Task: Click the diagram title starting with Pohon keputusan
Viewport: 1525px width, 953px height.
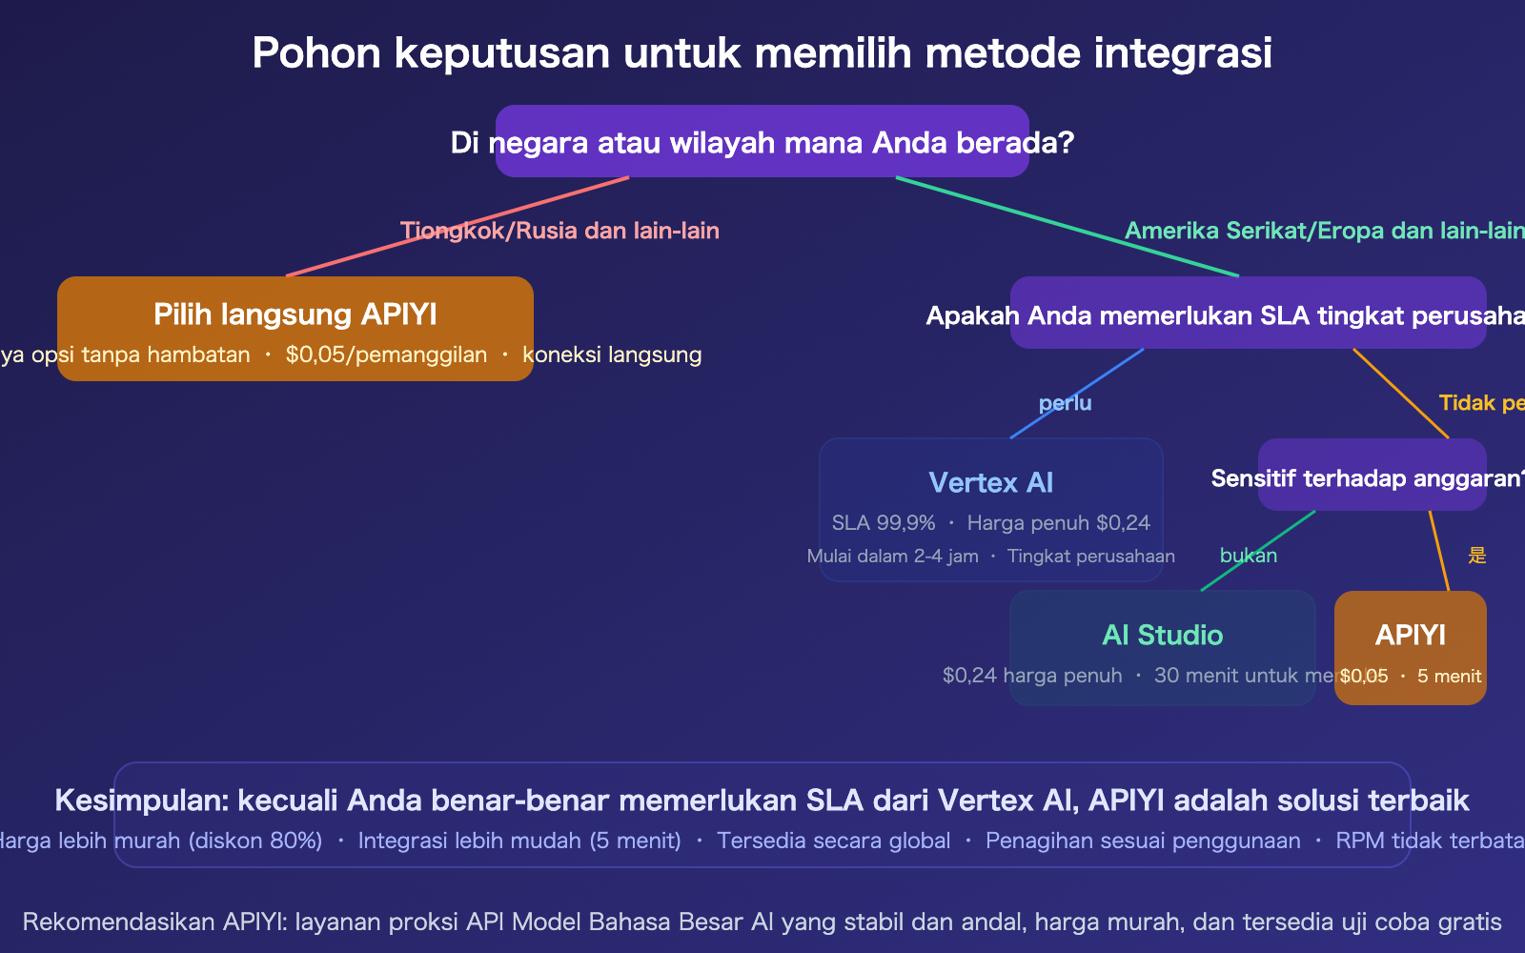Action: click(762, 53)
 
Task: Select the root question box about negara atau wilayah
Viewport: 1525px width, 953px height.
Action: click(762, 142)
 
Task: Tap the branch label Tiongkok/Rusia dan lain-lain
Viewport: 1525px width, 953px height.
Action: click(559, 231)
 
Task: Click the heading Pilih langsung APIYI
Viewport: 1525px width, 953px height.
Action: click(295, 314)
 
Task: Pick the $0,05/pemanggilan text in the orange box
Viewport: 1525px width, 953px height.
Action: click(386, 355)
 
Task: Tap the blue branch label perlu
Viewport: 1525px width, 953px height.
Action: click(1065, 403)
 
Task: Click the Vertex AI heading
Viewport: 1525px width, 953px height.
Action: click(990, 483)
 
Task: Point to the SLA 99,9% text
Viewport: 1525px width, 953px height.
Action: click(883, 523)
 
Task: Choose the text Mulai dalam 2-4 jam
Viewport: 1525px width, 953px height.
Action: click(892, 557)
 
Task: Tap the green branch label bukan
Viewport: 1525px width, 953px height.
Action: click(1248, 556)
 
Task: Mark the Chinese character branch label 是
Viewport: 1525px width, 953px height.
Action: click(1476, 556)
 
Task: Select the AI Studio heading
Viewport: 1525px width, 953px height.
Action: click(1162, 636)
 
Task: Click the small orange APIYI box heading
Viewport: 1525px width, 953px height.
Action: click(1410, 636)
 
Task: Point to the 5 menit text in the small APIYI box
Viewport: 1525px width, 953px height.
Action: click(1449, 677)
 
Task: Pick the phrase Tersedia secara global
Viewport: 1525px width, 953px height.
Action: click(833, 841)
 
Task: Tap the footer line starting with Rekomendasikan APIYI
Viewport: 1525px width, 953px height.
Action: click(762, 922)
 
